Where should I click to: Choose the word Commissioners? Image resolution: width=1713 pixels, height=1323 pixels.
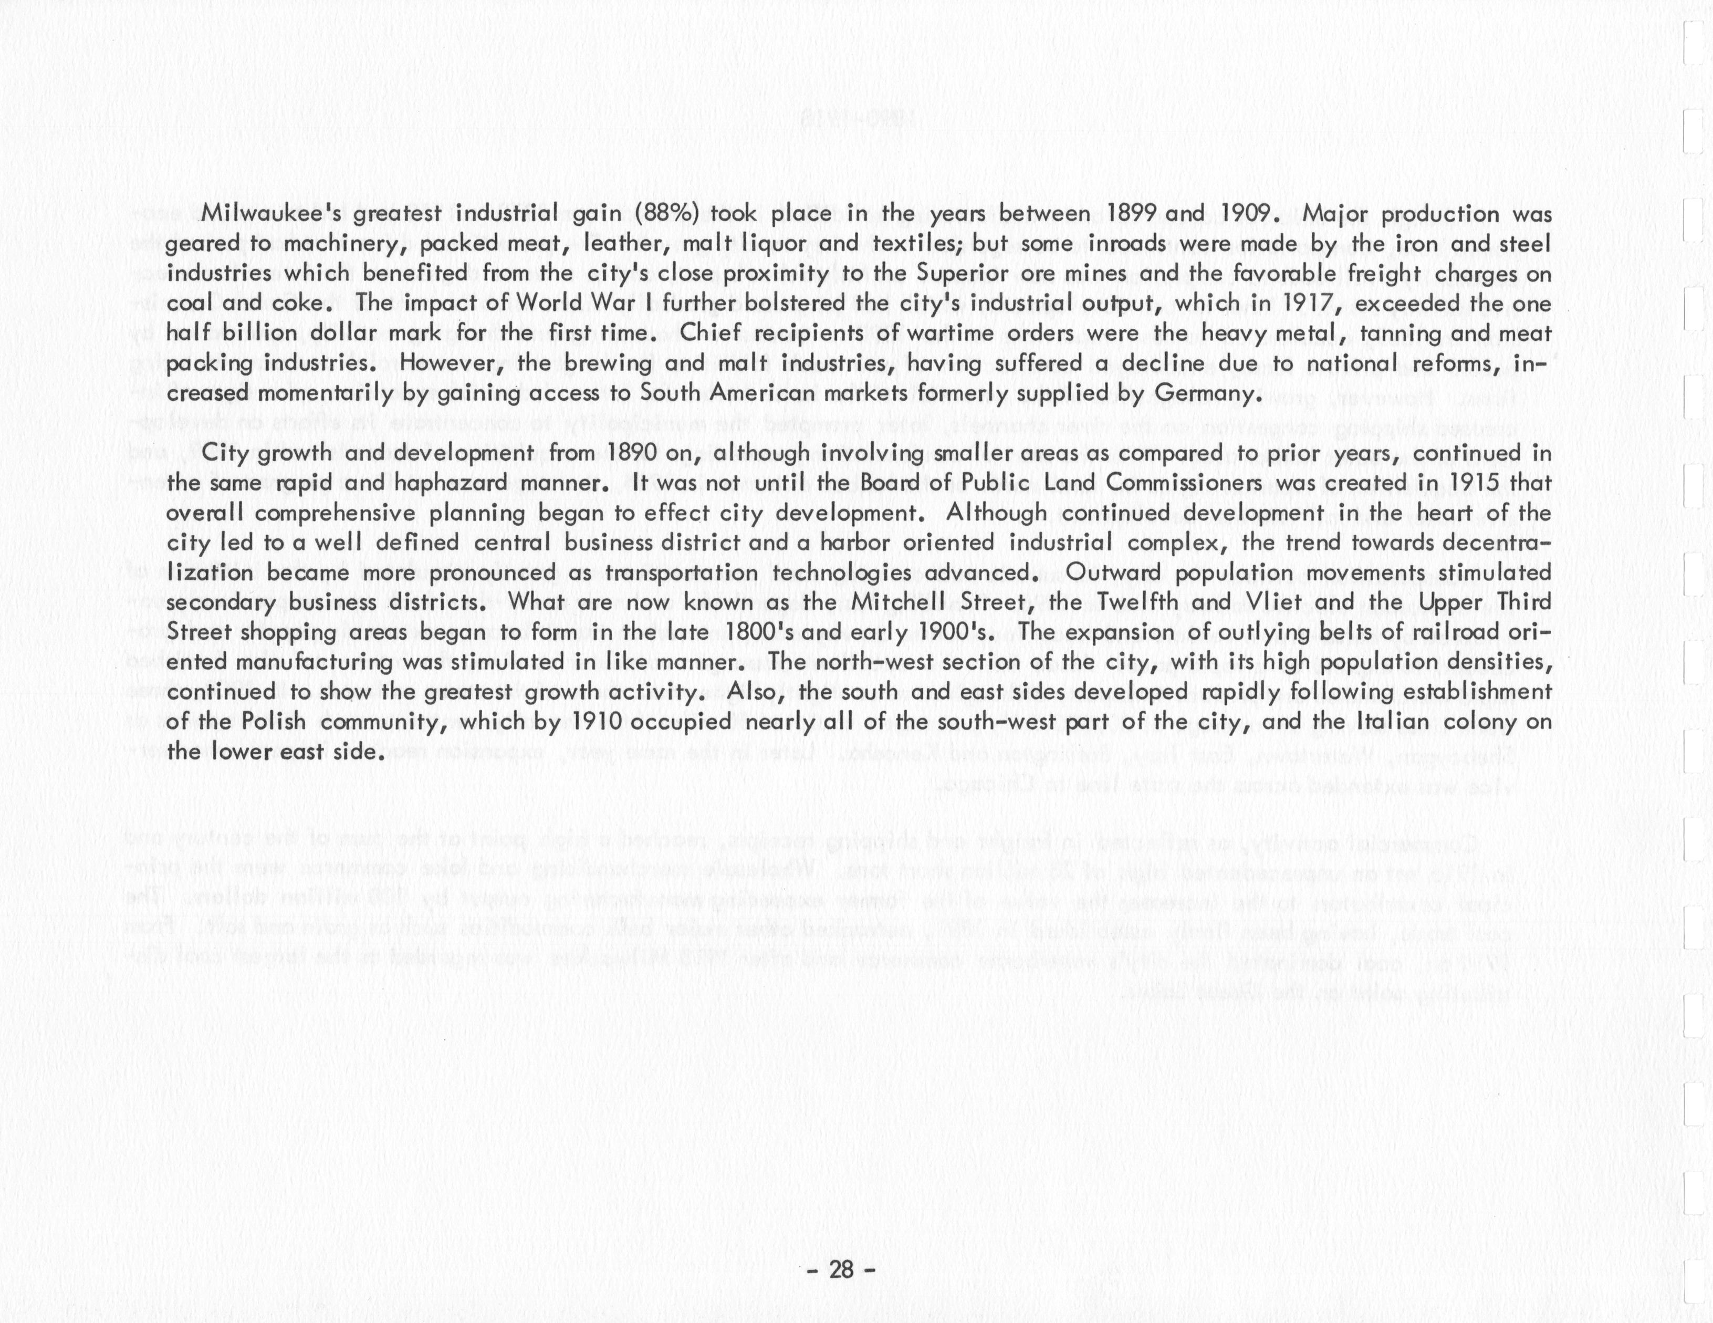tap(1186, 483)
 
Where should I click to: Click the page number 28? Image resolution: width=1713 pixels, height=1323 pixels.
tap(841, 1248)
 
